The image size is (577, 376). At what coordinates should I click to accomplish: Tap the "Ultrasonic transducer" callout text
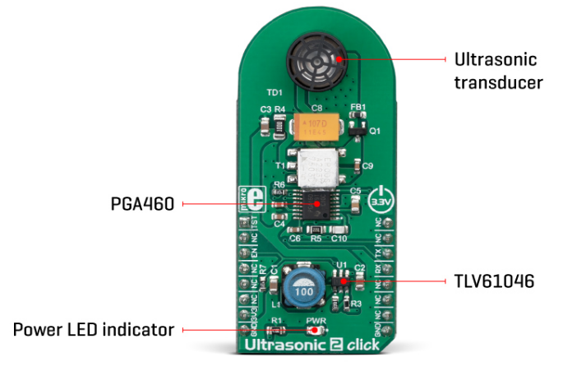click(x=496, y=71)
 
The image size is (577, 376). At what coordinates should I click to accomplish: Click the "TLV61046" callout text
click(x=494, y=281)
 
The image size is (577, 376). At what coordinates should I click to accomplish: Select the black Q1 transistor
click(x=356, y=126)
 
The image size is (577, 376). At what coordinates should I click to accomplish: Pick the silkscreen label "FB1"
click(x=358, y=107)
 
